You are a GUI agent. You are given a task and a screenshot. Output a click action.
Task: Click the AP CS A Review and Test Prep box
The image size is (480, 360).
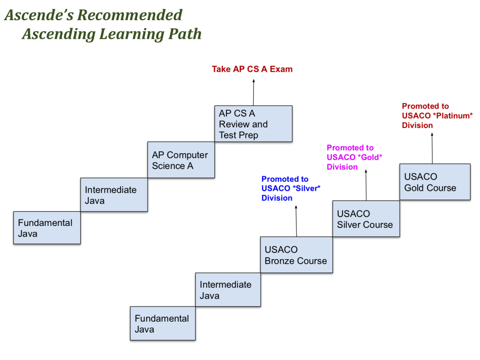[x=253, y=124]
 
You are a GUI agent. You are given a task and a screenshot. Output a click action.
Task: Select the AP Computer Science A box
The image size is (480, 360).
[x=181, y=160]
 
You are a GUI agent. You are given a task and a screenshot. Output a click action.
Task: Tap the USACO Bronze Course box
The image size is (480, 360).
[x=296, y=255]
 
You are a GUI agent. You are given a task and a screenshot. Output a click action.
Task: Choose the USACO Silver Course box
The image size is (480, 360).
[x=366, y=219]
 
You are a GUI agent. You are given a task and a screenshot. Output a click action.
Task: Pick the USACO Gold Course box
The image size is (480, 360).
[x=435, y=182]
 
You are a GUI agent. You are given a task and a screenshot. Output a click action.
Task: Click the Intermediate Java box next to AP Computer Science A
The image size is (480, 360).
[x=114, y=195]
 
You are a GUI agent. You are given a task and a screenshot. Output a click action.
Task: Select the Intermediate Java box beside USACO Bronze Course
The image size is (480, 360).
[x=228, y=290]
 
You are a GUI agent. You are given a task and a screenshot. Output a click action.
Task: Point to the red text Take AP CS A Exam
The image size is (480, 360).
[x=252, y=69]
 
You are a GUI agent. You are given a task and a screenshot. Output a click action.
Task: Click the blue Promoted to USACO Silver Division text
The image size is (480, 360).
[x=291, y=188]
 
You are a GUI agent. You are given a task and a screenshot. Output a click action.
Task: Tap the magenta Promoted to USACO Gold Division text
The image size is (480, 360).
[x=354, y=157]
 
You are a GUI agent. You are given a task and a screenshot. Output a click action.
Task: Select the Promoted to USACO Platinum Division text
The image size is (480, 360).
[x=437, y=116]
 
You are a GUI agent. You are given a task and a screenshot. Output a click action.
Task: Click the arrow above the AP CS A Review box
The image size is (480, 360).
[x=254, y=92]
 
